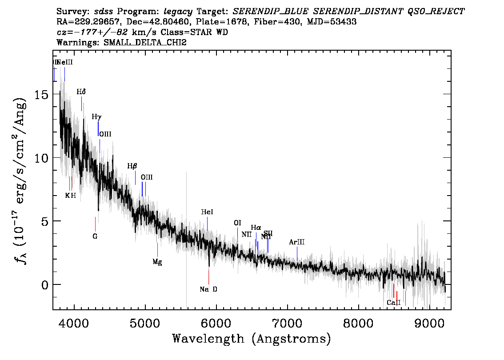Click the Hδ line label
point(81,92)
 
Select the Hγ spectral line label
point(96,117)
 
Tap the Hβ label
point(132,166)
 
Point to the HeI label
point(207,212)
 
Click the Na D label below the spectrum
point(208,289)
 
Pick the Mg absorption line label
point(157,262)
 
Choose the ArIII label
point(297,242)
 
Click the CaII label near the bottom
point(393,303)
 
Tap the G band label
point(95,236)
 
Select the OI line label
point(237,223)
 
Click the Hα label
point(256,228)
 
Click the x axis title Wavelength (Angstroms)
point(252,339)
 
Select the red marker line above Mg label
point(157,249)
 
